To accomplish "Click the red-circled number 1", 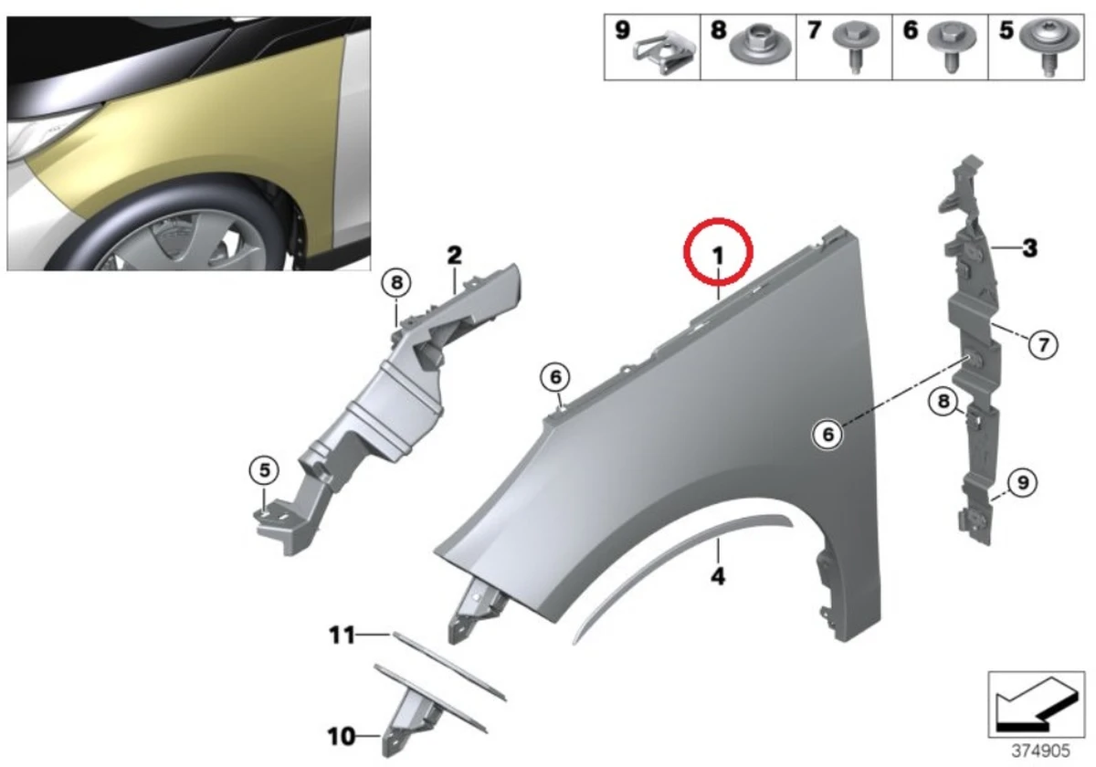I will point(719,255).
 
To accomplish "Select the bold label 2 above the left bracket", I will point(454,255).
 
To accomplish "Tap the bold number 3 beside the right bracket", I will point(1029,247).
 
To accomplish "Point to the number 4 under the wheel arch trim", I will point(718,577).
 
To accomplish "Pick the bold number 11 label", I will point(342,635).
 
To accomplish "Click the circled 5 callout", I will point(263,470).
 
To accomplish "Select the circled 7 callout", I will point(1043,344).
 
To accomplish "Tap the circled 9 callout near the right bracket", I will point(1022,480).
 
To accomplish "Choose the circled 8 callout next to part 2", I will point(396,284).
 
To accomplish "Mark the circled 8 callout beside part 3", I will point(943,400).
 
